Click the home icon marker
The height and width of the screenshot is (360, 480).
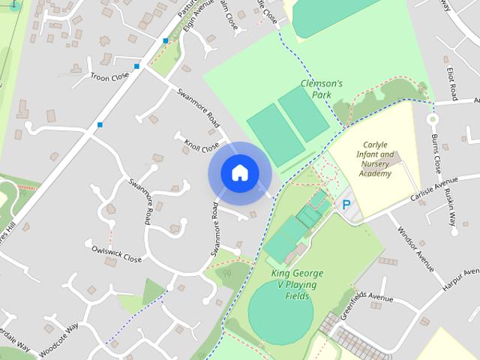(239, 172)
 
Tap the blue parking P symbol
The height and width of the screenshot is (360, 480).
(346, 204)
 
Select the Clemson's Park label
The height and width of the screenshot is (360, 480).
(321, 89)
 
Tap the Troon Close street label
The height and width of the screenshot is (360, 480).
(109, 77)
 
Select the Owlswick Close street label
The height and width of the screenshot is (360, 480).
(116, 253)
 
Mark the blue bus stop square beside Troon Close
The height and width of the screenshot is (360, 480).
(136, 67)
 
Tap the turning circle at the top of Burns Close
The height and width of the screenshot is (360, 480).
(432, 118)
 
